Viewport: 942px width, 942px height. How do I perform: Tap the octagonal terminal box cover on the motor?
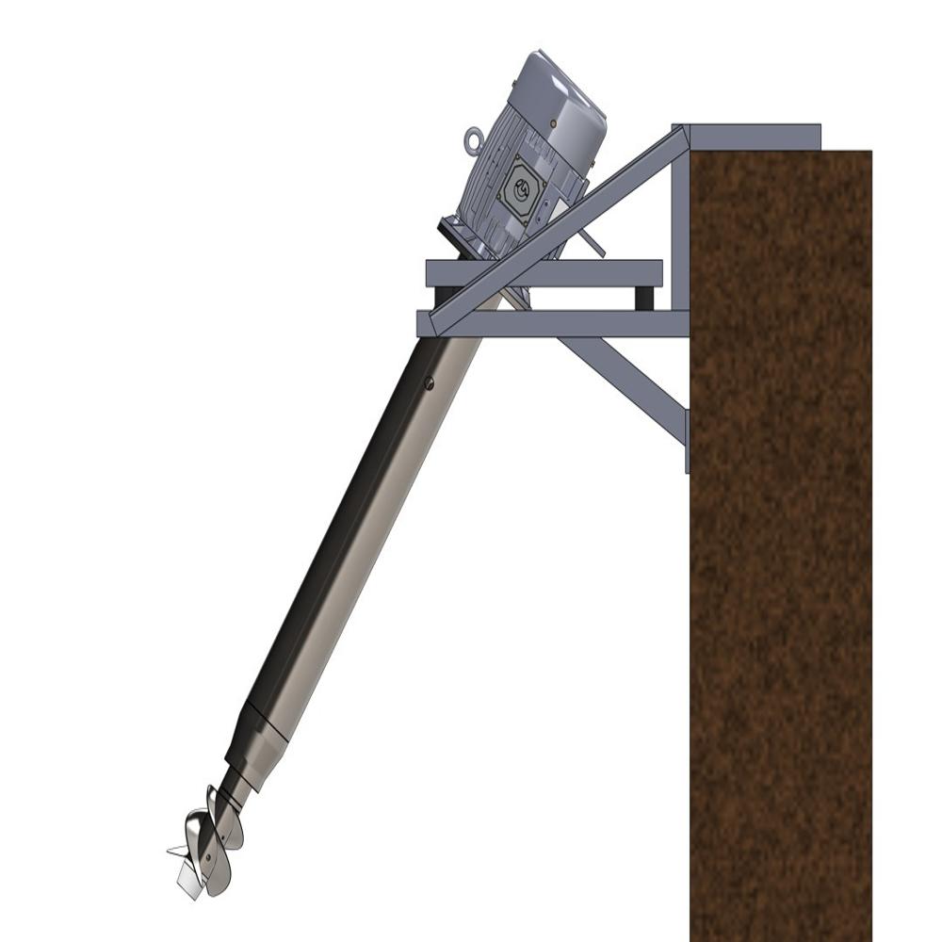click(x=521, y=186)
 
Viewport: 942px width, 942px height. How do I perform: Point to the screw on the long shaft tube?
click(x=429, y=382)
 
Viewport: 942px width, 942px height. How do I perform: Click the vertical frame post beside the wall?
click(x=680, y=226)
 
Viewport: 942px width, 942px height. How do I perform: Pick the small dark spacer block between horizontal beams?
click(x=644, y=299)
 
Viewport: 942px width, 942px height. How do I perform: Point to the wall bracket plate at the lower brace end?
click(x=687, y=441)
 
